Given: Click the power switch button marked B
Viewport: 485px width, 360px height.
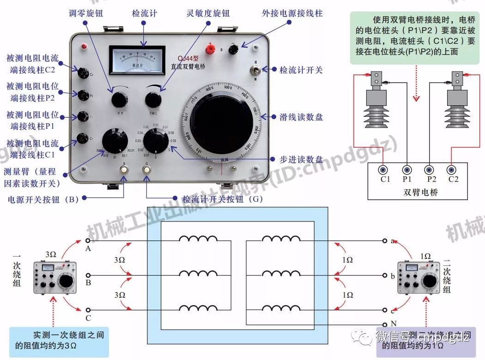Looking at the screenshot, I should pyautogui.click(x=124, y=169).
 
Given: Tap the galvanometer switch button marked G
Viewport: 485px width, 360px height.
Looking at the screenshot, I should pyautogui.click(x=147, y=169).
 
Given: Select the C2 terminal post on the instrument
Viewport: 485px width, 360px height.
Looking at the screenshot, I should pyautogui.click(x=84, y=73).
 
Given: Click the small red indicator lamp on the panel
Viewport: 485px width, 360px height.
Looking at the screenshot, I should pyautogui.click(x=85, y=47).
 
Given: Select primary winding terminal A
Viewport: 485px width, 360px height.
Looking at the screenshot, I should pyautogui.click(x=88, y=241).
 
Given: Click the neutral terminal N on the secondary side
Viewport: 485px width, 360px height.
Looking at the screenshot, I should pyautogui.click(x=384, y=324).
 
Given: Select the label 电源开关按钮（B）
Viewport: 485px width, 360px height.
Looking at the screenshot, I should pyautogui.click(x=44, y=199).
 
